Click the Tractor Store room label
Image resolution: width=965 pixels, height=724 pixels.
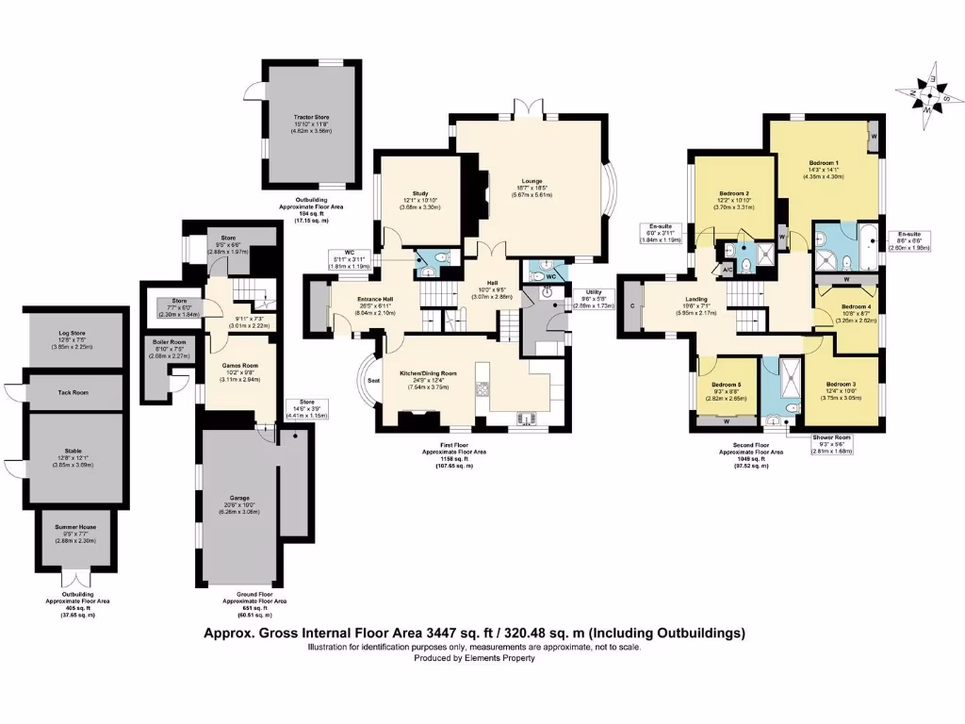[x=310, y=118]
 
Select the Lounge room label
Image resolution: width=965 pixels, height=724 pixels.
[x=533, y=181]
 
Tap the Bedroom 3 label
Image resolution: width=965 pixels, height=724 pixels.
[x=841, y=385]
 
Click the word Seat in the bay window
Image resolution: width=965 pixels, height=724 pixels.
[x=374, y=380]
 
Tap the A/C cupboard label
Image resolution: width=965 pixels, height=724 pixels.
[x=727, y=271]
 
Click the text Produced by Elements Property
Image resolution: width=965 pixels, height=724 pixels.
[x=475, y=658]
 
